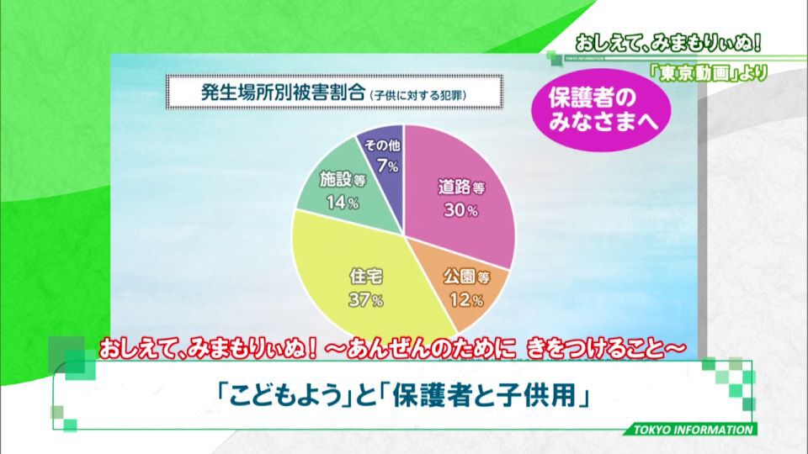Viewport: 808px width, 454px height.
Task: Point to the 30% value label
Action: pyautogui.click(x=460, y=210)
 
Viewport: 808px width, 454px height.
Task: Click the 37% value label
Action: pyautogui.click(x=366, y=300)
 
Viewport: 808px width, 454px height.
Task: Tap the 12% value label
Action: pyautogui.click(x=466, y=299)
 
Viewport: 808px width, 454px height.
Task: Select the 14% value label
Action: pyautogui.click(x=343, y=203)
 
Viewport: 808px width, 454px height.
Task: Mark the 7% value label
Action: pyautogui.click(x=387, y=166)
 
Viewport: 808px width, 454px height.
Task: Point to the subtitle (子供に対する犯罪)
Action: pyautogui.click(x=418, y=95)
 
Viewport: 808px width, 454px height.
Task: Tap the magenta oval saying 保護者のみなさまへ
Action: pyautogui.click(x=601, y=109)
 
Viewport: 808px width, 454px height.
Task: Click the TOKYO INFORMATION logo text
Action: pyautogui.click(x=693, y=430)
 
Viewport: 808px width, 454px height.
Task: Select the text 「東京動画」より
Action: pyautogui.click(x=708, y=73)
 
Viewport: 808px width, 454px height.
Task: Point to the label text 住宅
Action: pyautogui.click(x=366, y=277)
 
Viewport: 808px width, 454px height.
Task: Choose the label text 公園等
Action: pyautogui.click(x=467, y=277)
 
